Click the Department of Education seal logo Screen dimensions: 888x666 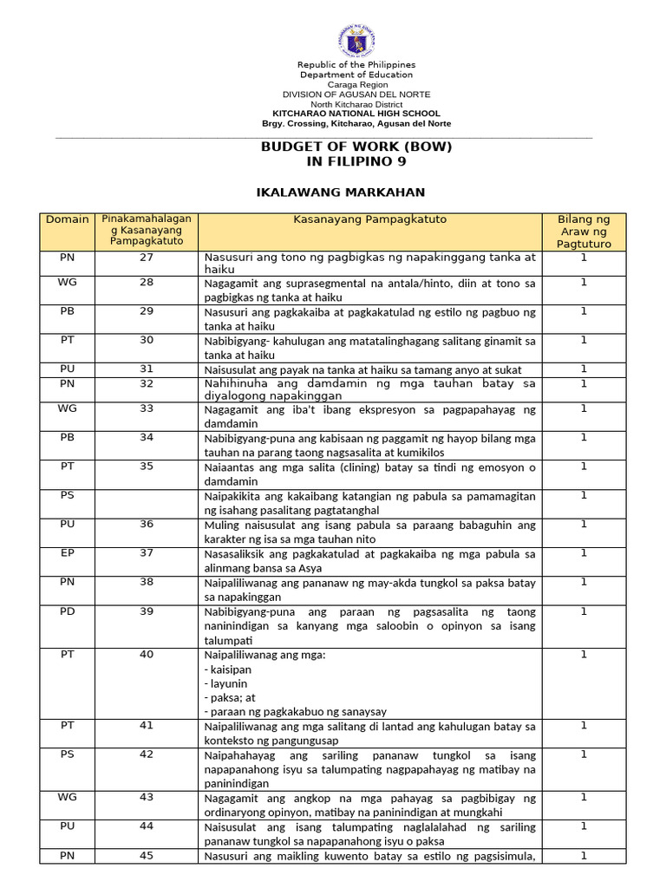[x=356, y=41]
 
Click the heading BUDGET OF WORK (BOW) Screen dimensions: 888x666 [x=356, y=147]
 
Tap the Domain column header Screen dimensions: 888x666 [x=68, y=219]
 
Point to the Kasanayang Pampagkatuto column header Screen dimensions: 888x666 [x=369, y=219]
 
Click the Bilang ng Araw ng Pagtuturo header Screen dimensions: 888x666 [x=584, y=232]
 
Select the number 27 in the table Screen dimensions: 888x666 [x=146, y=258]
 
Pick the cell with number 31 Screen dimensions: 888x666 [x=146, y=369]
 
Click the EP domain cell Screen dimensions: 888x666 [x=68, y=552]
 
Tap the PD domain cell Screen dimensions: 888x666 [x=68, y=611]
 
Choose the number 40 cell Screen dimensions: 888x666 [x=146, y=655]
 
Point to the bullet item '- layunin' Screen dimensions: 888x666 [x=225, y=683]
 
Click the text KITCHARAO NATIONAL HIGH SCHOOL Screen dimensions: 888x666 [x=356, y=114]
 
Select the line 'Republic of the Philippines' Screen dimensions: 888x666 [x=356, y=65]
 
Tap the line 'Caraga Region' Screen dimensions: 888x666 [x=356, y=84]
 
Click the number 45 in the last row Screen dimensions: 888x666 [x=146, y=856]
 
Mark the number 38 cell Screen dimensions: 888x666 [x=146, y=582]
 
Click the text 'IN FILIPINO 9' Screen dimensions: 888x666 [x=356, y=161]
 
